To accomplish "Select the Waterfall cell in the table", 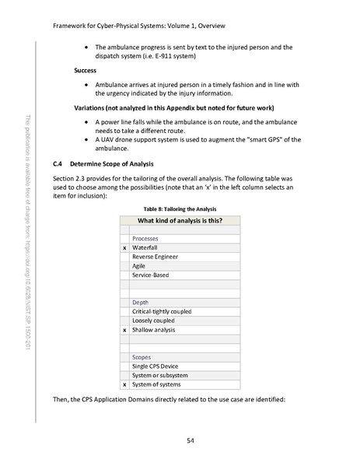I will coord(145,247).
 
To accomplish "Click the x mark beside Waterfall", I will coord(124,247).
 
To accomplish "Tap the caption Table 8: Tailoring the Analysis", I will coord(180,208).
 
